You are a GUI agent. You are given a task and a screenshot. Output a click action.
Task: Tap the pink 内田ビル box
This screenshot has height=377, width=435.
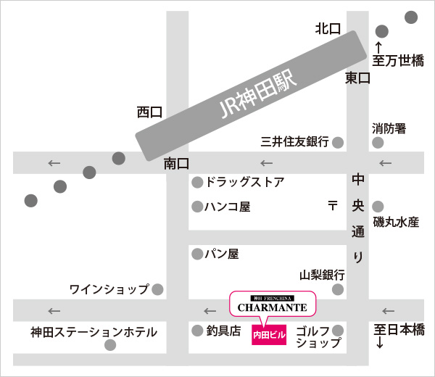[x=270, y=336]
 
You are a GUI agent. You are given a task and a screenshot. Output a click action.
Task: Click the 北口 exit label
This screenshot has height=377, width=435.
[x=328, y=29]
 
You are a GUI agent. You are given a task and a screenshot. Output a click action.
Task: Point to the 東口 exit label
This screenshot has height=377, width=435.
[x=357, y=78]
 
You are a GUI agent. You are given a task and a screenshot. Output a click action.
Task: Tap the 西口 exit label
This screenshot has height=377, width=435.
[x=149, y=112]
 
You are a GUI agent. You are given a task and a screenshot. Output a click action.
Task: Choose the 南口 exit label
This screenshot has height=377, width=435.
[x=176, y=164]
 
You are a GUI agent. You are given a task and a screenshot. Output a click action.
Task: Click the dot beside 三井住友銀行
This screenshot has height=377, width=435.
[x=338, y=142]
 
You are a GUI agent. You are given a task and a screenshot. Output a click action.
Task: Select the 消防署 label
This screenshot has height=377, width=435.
[x=389, y=128]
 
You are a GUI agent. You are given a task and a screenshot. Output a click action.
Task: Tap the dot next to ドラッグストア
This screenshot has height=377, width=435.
[x=196, y=182]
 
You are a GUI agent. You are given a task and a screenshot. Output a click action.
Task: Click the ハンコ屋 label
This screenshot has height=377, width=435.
[x=228, y=207]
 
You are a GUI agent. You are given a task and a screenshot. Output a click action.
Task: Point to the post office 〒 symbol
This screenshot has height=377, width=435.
[x=333, y=206]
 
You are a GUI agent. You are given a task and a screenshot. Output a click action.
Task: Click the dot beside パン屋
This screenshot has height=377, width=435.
[x=196, y=254]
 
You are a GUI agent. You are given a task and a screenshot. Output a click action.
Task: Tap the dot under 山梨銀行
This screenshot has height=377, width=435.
[x=338, y=290]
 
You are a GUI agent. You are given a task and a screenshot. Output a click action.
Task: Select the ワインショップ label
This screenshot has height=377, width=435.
[x=109, y=289]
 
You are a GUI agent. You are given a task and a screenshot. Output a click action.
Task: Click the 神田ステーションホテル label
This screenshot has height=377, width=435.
[x=94, y=332]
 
